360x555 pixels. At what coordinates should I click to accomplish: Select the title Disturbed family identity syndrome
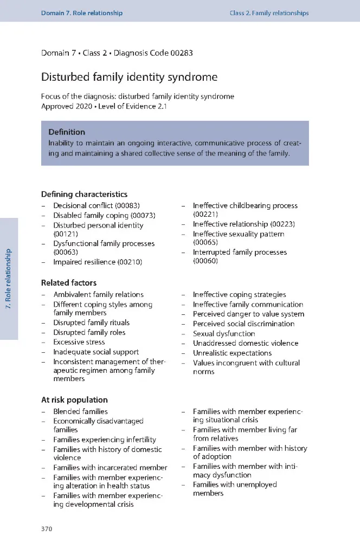coord(129,77)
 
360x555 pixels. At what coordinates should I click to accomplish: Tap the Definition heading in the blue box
coord(67,132)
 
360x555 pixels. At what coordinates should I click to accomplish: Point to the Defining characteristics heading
coord(85,194)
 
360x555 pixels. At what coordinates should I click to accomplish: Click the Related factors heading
coord(69,282)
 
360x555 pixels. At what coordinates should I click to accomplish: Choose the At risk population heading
coord(74,400)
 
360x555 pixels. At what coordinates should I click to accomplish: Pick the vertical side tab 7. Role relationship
coord(9,279)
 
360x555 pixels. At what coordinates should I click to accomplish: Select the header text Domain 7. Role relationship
coord(82,13)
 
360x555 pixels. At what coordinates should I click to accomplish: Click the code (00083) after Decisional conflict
coord(127,206)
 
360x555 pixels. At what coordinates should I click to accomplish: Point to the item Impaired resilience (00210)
coord(98,262)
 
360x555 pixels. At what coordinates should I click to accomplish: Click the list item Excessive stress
coord(80,343)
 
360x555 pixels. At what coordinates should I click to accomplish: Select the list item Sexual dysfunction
coord(224,334)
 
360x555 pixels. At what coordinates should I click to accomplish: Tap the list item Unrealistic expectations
coord(232,353)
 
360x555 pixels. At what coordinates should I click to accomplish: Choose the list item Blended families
coord(80,412)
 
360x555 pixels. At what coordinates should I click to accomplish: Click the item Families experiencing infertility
coord(105,440)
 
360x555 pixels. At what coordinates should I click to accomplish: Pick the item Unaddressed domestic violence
coord(246,343)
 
